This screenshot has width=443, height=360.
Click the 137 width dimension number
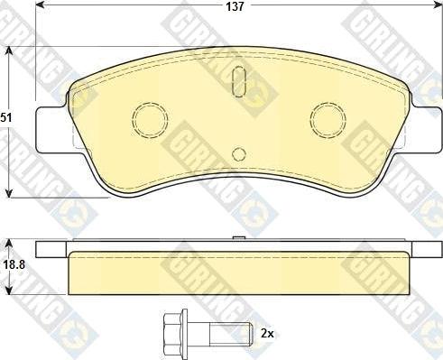[x=235, y=6]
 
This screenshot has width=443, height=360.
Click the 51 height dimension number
[x=6, y=117]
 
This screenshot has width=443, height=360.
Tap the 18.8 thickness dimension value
[x=14, y=265]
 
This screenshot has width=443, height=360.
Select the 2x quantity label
[x=267, y=334]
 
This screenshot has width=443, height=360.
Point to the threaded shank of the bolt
[x=231, y=334]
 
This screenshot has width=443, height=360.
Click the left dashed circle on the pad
[x=150, y=119]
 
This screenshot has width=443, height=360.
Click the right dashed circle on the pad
[x=328, y=119]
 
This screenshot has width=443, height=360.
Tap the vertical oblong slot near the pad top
[x=239, y=81]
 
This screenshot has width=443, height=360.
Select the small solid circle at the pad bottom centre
[x=239, y=154]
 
